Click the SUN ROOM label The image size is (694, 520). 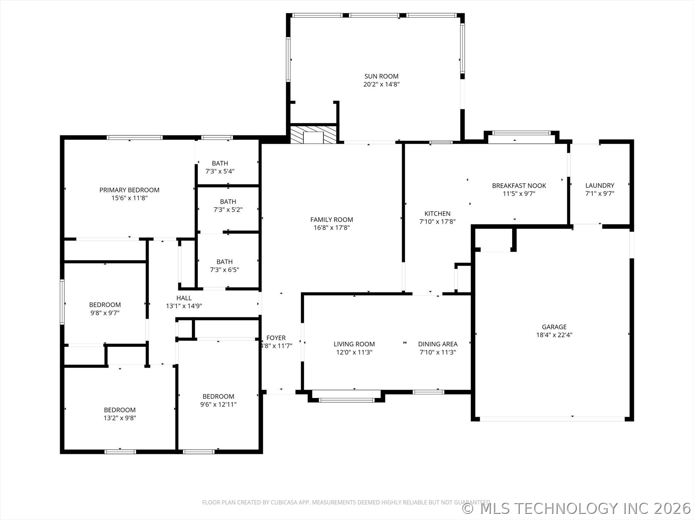tap(381, 76)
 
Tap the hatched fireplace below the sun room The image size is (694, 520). tap(314, 134)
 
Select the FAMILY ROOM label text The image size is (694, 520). tap(331, 220)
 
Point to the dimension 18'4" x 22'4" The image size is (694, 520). tap(554, 335)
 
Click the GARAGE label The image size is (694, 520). tap(554, 327)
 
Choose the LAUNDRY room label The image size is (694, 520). tap(600, 186)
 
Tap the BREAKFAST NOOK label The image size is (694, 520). tap(519, 186)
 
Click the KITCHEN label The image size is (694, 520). tap(437, 213)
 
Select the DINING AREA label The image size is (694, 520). tap(438, 344)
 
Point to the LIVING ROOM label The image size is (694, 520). tap(354, 344)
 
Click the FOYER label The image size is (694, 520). tap(276, 338)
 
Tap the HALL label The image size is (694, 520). tap(184, 298)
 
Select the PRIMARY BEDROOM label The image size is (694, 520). tap(129, 190)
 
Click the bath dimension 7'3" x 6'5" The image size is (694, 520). tap(224, 270)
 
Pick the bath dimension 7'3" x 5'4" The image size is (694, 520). tap(220, 172)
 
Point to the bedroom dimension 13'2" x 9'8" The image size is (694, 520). tap(120, 418)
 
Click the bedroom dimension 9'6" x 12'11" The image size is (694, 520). tap(218, 404)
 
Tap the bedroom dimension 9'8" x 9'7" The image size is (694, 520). tap(105, 313)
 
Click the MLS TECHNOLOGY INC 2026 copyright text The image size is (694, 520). tap(577, 508)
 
